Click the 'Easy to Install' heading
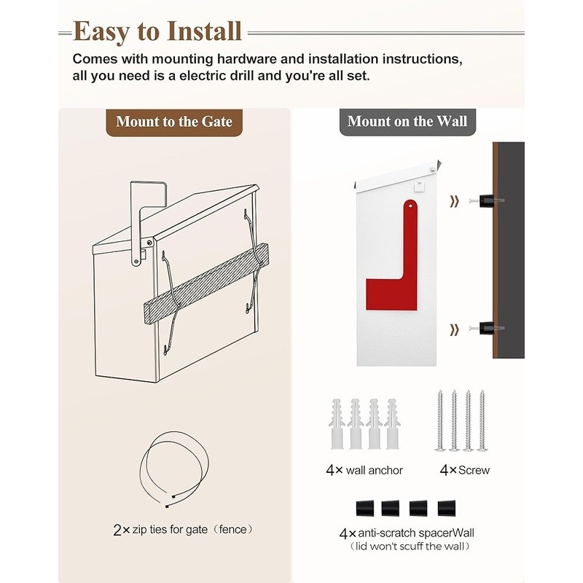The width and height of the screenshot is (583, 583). [x=157, y=32]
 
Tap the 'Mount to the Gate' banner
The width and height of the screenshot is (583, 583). [x=174, y=122]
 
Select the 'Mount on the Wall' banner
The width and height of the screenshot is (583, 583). [x=407, y=122]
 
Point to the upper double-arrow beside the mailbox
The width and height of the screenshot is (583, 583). [x=455, y=202]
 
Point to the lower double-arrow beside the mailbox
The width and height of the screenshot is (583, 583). [x=455, y=330]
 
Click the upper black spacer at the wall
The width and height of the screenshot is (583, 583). [x=487, y=200]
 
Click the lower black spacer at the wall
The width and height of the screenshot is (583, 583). [x=487, y=329]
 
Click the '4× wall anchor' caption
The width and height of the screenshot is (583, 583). [x=364, y=470]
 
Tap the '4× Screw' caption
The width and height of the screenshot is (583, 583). [x=464, y=470]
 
